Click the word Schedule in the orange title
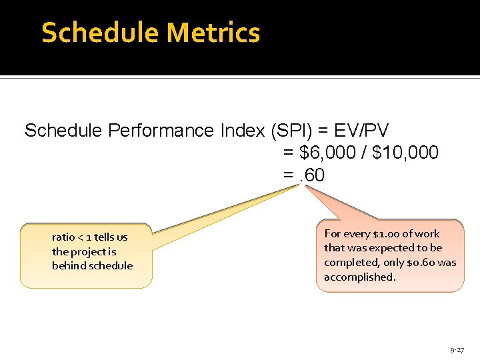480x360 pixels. tap(100, 33)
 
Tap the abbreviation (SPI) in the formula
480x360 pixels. tap(287, 131)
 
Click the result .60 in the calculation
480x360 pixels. tap(311, 175)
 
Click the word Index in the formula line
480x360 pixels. tap(243, 131)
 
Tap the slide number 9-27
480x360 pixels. tap(457, 349)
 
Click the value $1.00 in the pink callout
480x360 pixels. tap(388, 233)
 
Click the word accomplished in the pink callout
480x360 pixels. tap(359, 277)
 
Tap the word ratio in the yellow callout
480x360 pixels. tap(63, 237)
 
